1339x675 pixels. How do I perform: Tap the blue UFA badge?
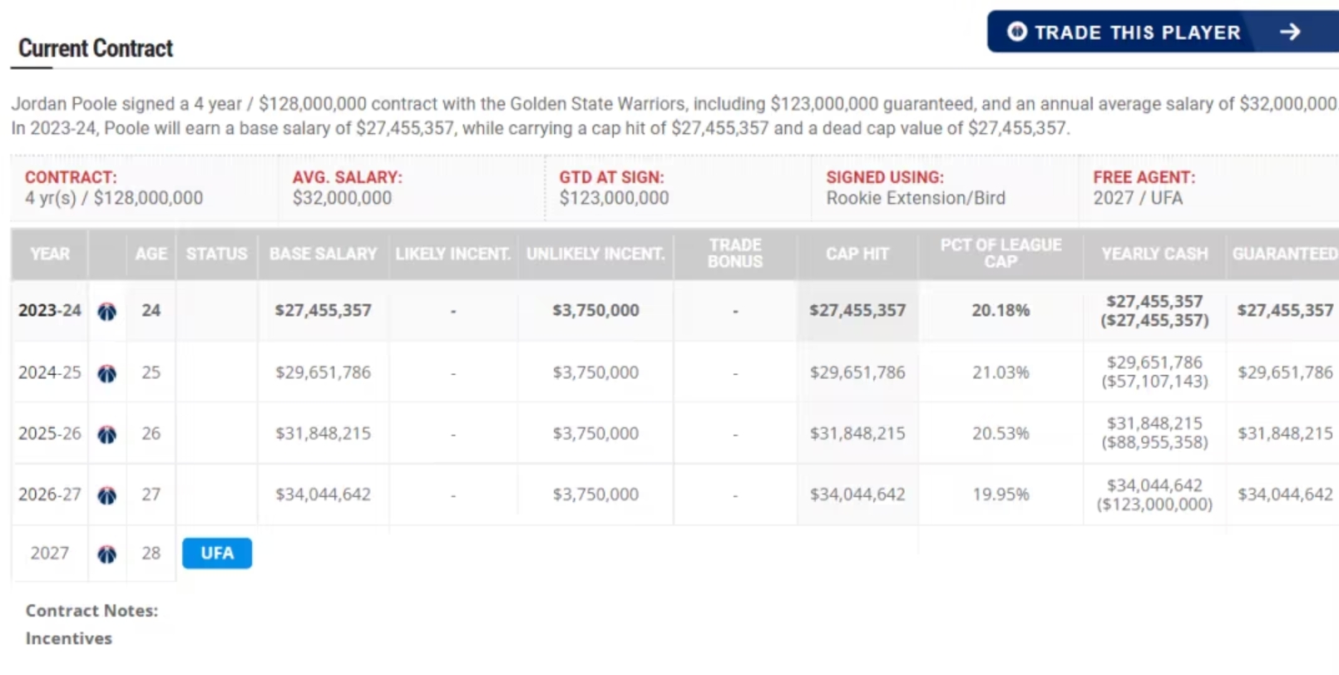pyautogui.click(x=216, y=554)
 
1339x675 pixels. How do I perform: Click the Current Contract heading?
pyautogui.click(x=96, y=48)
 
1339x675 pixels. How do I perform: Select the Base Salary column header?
pyautogui.click(x=323, y=254)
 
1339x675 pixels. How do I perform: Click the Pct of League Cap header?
pyautogui.click(x=1001, y=254)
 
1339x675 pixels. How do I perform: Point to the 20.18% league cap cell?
pyautogui.click(x=1001, y=311)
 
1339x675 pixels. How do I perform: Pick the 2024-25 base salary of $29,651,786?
pyautogui.click(x=323, y=372)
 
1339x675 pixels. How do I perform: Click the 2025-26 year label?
pyautogui.click(x=50, y=434)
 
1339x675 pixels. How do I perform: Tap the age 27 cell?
pyautogui.click(x=151, y=495)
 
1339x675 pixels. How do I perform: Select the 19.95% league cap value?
pyautogui.click(x=1001, y=495)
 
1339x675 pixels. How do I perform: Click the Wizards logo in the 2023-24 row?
pyautogui.click(x=106, y=312)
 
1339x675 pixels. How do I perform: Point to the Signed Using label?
pyautogui.click(x=884, y=177)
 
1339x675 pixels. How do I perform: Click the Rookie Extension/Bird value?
pyautogui.click(x=915, y=198)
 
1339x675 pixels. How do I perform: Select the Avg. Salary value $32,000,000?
pyautogui.click(x=342, y=198)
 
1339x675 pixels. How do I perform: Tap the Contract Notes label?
pyautogui.click(x=91, y=611)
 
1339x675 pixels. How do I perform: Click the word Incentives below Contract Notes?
pyautogui.click(x=68, y=638)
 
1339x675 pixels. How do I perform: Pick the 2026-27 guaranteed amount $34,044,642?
pyautogui.click(x=1284, y=495)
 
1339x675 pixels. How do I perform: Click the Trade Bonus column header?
pyautogui.click(x=734, y=254)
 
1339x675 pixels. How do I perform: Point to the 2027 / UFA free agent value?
pyautogui.click(x=1137, y=198)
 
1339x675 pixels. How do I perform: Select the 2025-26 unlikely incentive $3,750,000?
pyautogui.click(x=595, y=434)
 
